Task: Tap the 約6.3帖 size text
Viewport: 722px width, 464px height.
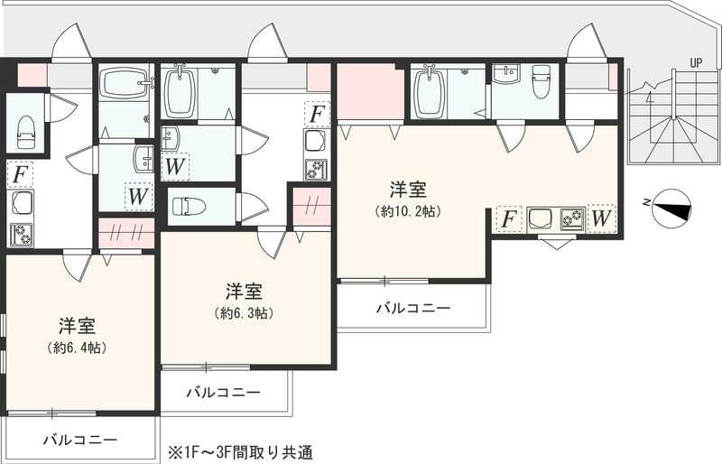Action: point(244,313)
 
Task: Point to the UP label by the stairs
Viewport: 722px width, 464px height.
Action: point(694,63)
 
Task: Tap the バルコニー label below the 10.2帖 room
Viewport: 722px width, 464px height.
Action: point(412,308)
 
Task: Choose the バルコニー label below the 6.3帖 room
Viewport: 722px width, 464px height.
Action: point(223,393)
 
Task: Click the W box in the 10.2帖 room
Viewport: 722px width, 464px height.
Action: point(601,218)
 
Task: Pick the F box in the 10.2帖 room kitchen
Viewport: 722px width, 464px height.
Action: point(508,218)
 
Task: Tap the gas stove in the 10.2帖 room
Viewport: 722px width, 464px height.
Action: point(572,218)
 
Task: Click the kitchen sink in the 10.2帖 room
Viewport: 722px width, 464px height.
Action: point(540,218)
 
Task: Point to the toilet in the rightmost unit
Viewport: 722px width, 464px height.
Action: point(541,84)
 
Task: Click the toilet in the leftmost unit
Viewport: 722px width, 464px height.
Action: point(24,132)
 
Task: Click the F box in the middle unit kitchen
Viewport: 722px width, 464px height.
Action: point(316,115)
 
